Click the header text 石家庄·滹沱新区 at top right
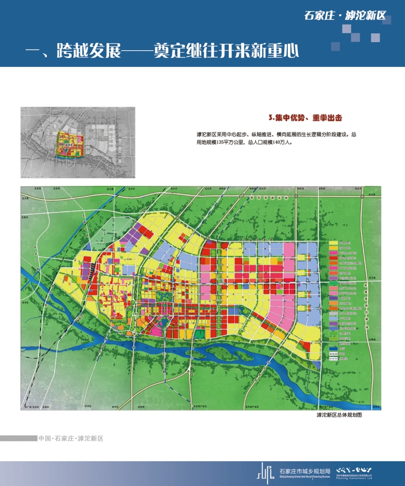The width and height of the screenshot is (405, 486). point(345,15)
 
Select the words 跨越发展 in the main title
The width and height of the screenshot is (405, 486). point(88,51)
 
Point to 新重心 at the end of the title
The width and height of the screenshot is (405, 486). point(274,51)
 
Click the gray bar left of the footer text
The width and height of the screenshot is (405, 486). point(18,439)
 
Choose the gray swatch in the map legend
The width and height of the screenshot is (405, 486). point(333,312)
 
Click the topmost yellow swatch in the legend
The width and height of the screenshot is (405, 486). point(333,243)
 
